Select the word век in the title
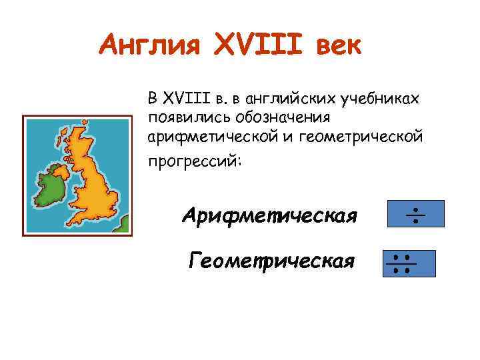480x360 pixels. (x=337, y=47)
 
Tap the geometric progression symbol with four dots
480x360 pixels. (x=409, y=263)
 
